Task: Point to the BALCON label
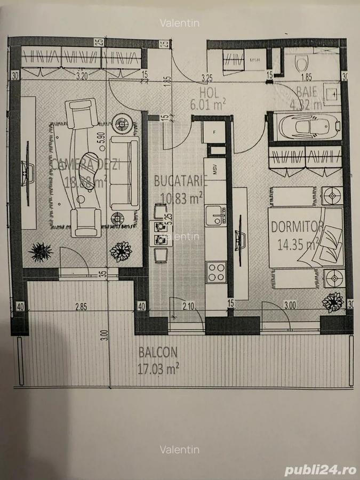click(x=158, y=353)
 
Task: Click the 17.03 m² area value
click(x=158, y=367)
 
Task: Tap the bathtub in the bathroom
click(x=307, y=127)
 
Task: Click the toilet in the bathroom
click(x=302, y=65)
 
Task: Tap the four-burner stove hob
click(x=217, y=272)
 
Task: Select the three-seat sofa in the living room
click(x=124, y=173)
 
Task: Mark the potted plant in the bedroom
click(x=333, y=302)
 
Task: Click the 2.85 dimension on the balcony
click(x=81, y=306)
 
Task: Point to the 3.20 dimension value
click(x=82, y=77)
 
